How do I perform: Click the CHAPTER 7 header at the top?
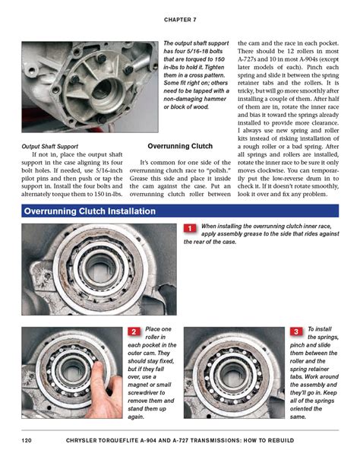(x=179, y=18)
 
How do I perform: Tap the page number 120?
(x=27, y=442)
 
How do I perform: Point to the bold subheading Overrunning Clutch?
(x=180, y=145)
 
